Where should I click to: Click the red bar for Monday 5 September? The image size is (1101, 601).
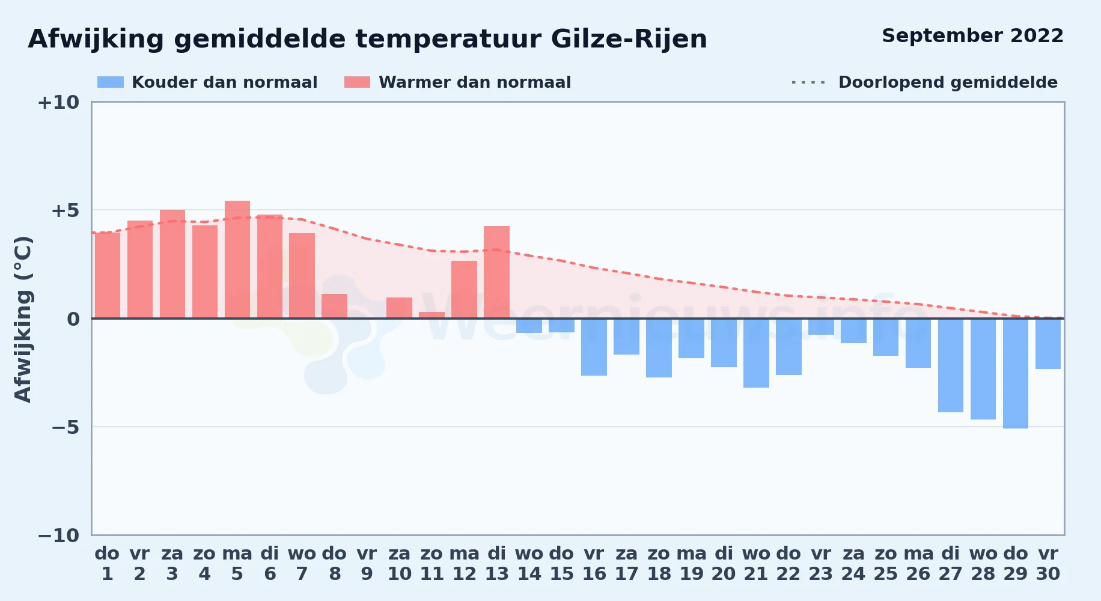(x=237, y=260)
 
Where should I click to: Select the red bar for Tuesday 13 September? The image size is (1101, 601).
(x=496, y=272)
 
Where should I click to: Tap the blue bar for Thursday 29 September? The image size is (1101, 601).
(x=1016, y=373)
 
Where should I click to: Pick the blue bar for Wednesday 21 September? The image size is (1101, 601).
(x=756, y=353)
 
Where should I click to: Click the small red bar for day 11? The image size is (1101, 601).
(x=432, y=315)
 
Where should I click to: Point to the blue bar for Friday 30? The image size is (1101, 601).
(x=1048, y=344)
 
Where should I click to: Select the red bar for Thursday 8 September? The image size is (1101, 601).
(x=334, y=306)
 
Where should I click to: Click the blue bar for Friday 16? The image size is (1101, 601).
(x=594, y=347)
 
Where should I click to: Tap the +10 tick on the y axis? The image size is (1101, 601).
(x=58, y=103)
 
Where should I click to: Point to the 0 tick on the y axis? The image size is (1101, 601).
(x=73, y=319)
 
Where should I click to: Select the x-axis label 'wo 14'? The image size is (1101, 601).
(x=529, y=564)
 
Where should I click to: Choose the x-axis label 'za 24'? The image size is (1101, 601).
(x=853, y=564)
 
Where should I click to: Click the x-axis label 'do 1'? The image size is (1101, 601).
(x=107, y=564)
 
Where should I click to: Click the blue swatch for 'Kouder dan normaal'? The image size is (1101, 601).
(x=111, y=82)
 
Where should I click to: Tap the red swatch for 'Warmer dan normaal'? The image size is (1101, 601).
(x=358, y=82)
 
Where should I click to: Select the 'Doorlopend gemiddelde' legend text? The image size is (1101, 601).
(x=948, y=82)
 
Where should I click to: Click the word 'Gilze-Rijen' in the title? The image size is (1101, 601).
(x=629, y=39)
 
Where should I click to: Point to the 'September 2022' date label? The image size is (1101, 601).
(x=972, y=36)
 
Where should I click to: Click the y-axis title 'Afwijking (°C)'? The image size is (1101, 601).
(x=23, y=319)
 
